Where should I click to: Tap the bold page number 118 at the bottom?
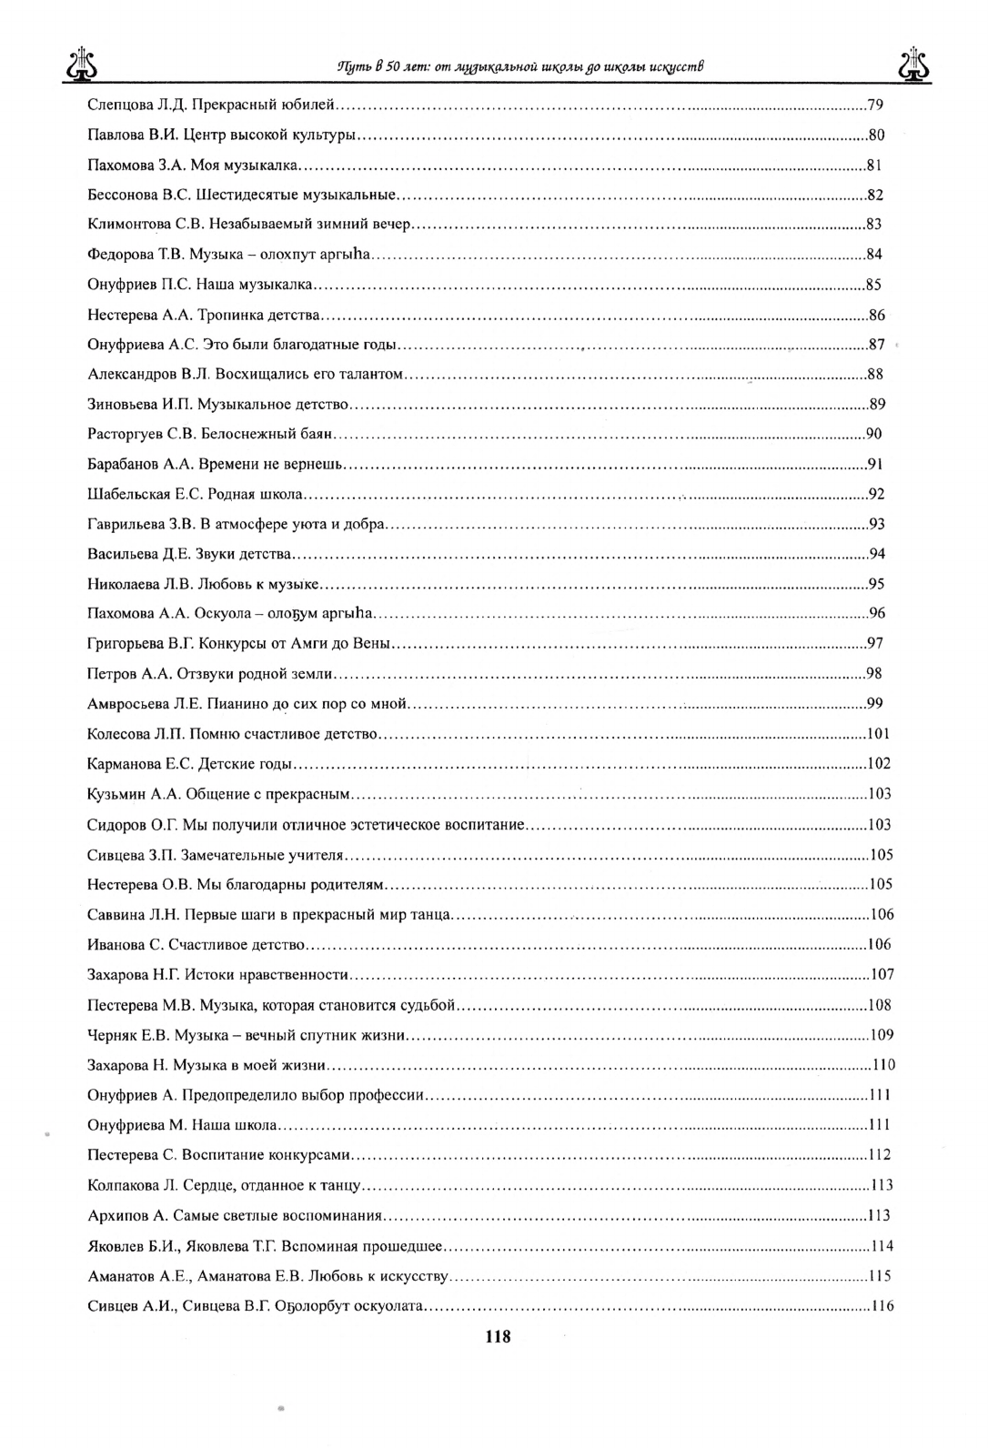(498, 1336)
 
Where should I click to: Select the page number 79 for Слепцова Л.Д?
(876, 105)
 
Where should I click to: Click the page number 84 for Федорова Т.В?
(873, 255)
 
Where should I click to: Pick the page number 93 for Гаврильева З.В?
(877, 524)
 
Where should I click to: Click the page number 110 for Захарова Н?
(883, 1065)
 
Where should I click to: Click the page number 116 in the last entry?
(882, 1306)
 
